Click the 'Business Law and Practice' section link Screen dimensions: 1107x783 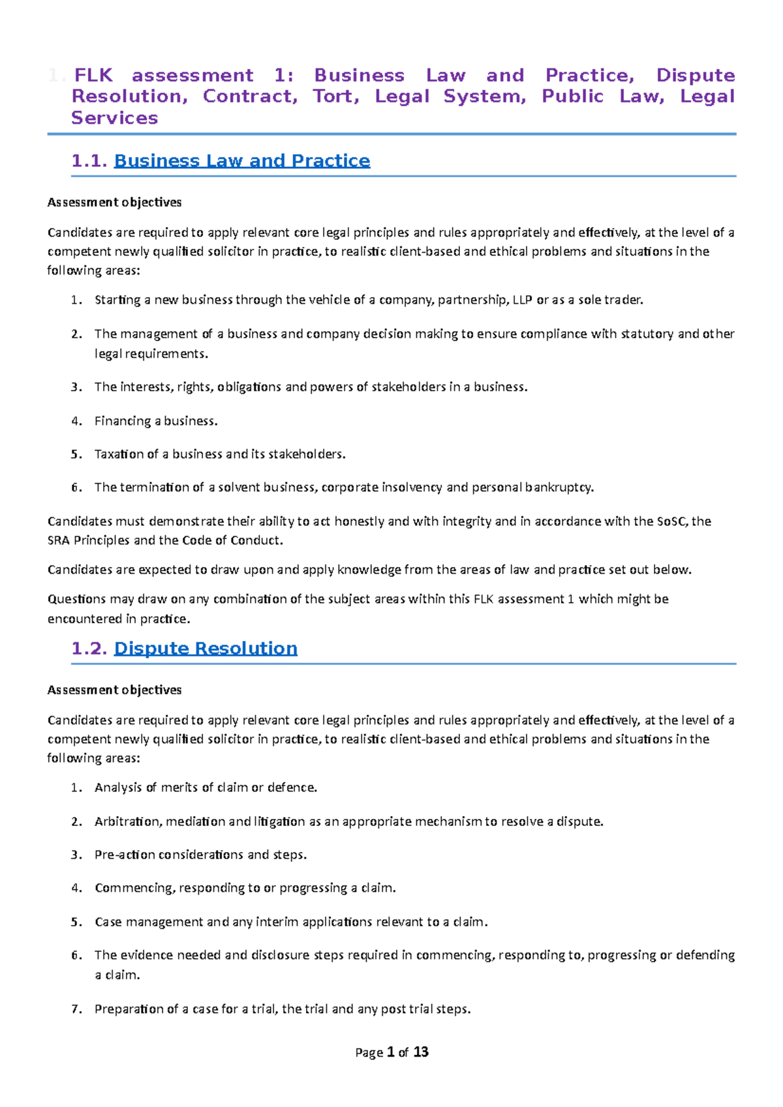click(241, 160)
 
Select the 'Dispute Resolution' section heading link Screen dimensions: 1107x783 click(206, 648)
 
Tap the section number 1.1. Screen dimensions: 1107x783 click(89, 160)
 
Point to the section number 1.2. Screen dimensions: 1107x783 click(89, 648)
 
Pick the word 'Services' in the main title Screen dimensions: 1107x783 click(115, 118)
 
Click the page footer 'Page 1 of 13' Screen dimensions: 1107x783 click(391, 1052)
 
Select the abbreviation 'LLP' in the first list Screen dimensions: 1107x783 click(522, 300)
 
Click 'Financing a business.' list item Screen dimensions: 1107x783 click(156, 421)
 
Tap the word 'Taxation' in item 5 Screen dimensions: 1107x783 click(118, 454)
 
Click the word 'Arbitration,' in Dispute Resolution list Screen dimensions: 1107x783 click(128, 821)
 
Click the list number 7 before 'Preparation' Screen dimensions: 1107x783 click(76, 1009)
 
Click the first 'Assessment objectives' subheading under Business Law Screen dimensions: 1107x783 click(115, 202)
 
